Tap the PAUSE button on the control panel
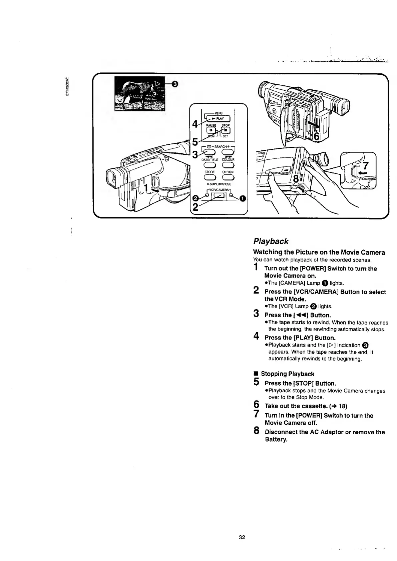pos(212,130)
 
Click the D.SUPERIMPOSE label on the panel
pos(219,184)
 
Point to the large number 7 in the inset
pos(366,166)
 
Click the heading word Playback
pos(271,241)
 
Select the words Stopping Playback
pos(287,374)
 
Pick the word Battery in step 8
pos(276,439)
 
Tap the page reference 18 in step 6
pos(342,406)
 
